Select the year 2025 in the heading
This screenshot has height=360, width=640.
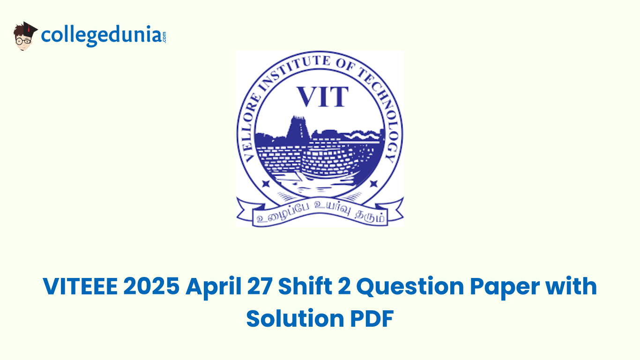point(151,286)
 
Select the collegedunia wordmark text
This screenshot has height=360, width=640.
point(100,36)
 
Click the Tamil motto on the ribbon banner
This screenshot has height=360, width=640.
point(320,217)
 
